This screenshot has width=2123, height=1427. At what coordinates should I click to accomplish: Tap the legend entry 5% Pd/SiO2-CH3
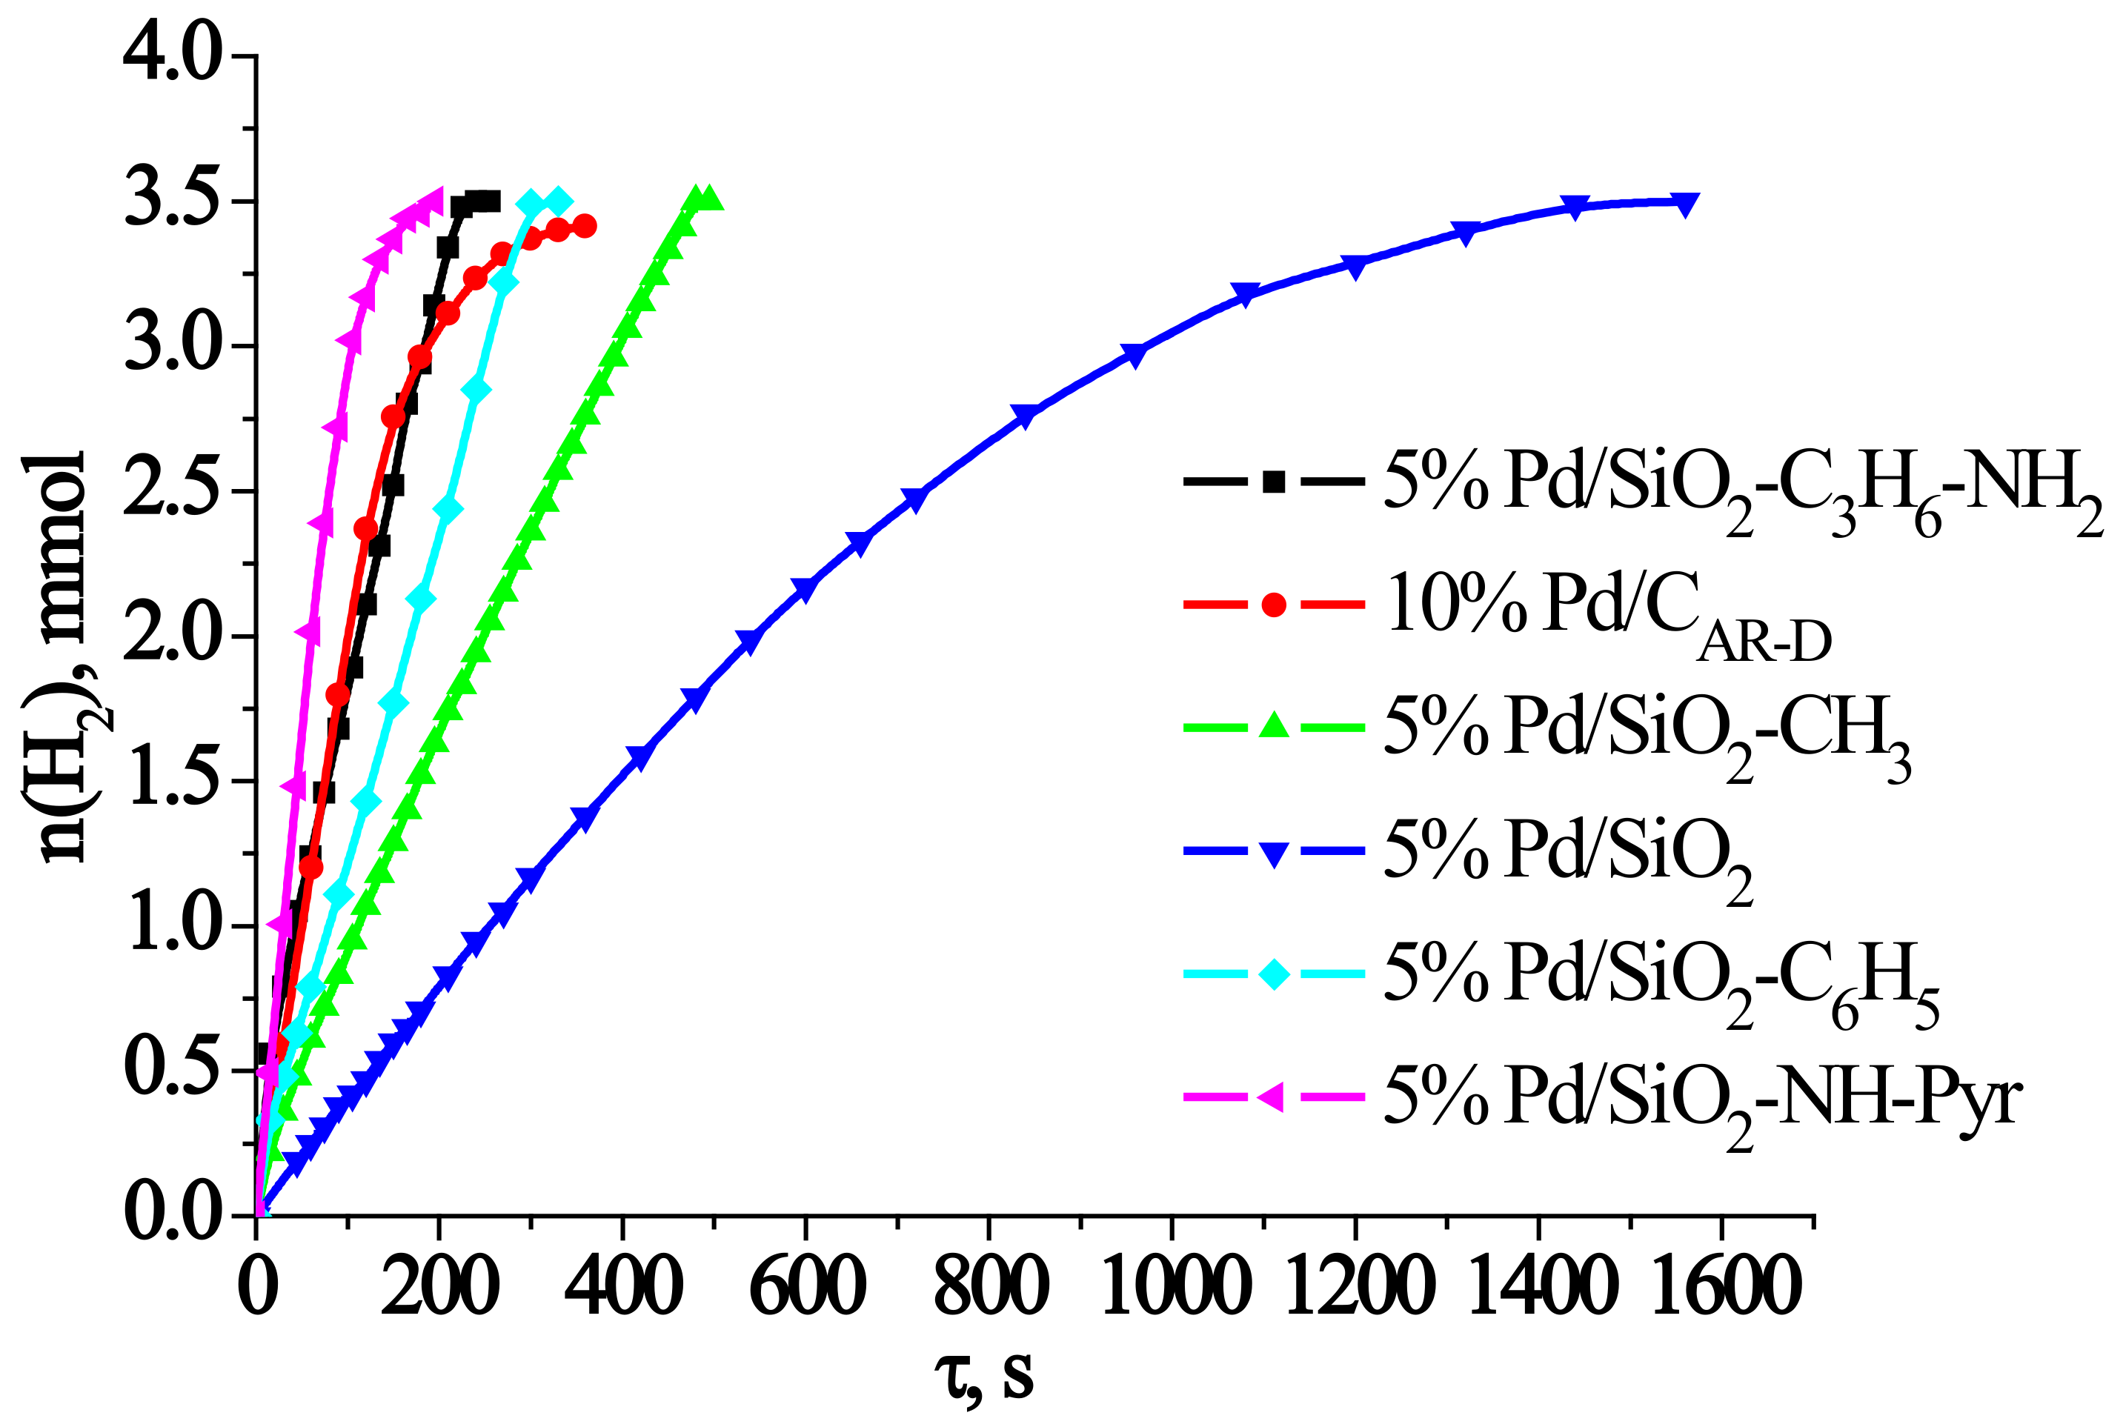click(x=1647, y=733)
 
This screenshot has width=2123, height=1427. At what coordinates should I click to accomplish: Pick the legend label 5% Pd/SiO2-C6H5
click(x=1661, y=980)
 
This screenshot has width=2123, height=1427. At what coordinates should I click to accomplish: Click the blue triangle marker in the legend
click(x=1274, y=854)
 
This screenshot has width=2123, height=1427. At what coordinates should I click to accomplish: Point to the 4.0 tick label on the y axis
click(x=173, y=56)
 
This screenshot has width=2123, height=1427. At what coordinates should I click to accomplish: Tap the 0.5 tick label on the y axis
click(x=173, y=1071)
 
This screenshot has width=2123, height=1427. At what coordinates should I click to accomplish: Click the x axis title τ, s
click(x=985, y=1376)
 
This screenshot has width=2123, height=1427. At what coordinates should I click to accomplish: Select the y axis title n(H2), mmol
click(x=64, y=655)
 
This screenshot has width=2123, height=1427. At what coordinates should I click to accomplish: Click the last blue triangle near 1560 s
click(x=1685, y=204)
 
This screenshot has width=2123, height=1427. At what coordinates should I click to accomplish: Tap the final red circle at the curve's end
click(x=585, y=226)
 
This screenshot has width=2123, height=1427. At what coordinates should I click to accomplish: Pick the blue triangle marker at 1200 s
click(x=1355, y=266)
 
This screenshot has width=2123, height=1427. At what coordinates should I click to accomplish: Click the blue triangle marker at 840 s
click(x=1025, y=416)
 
